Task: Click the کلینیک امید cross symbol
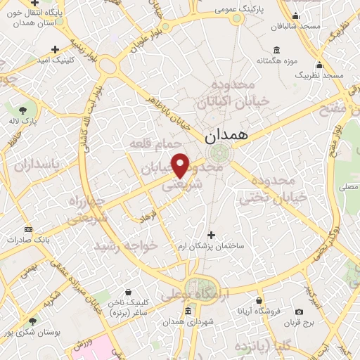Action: tap(55, 49)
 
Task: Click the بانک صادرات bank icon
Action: tap(28, 229)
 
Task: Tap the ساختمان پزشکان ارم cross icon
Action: tap(212, 234)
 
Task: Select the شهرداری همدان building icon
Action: tap(188, 310)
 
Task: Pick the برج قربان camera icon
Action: tap(299, 311)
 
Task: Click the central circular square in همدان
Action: tap(224, 155)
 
